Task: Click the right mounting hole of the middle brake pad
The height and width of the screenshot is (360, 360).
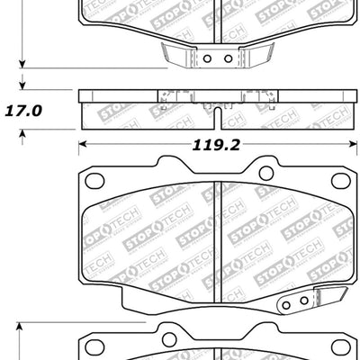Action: tap(265, 175)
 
